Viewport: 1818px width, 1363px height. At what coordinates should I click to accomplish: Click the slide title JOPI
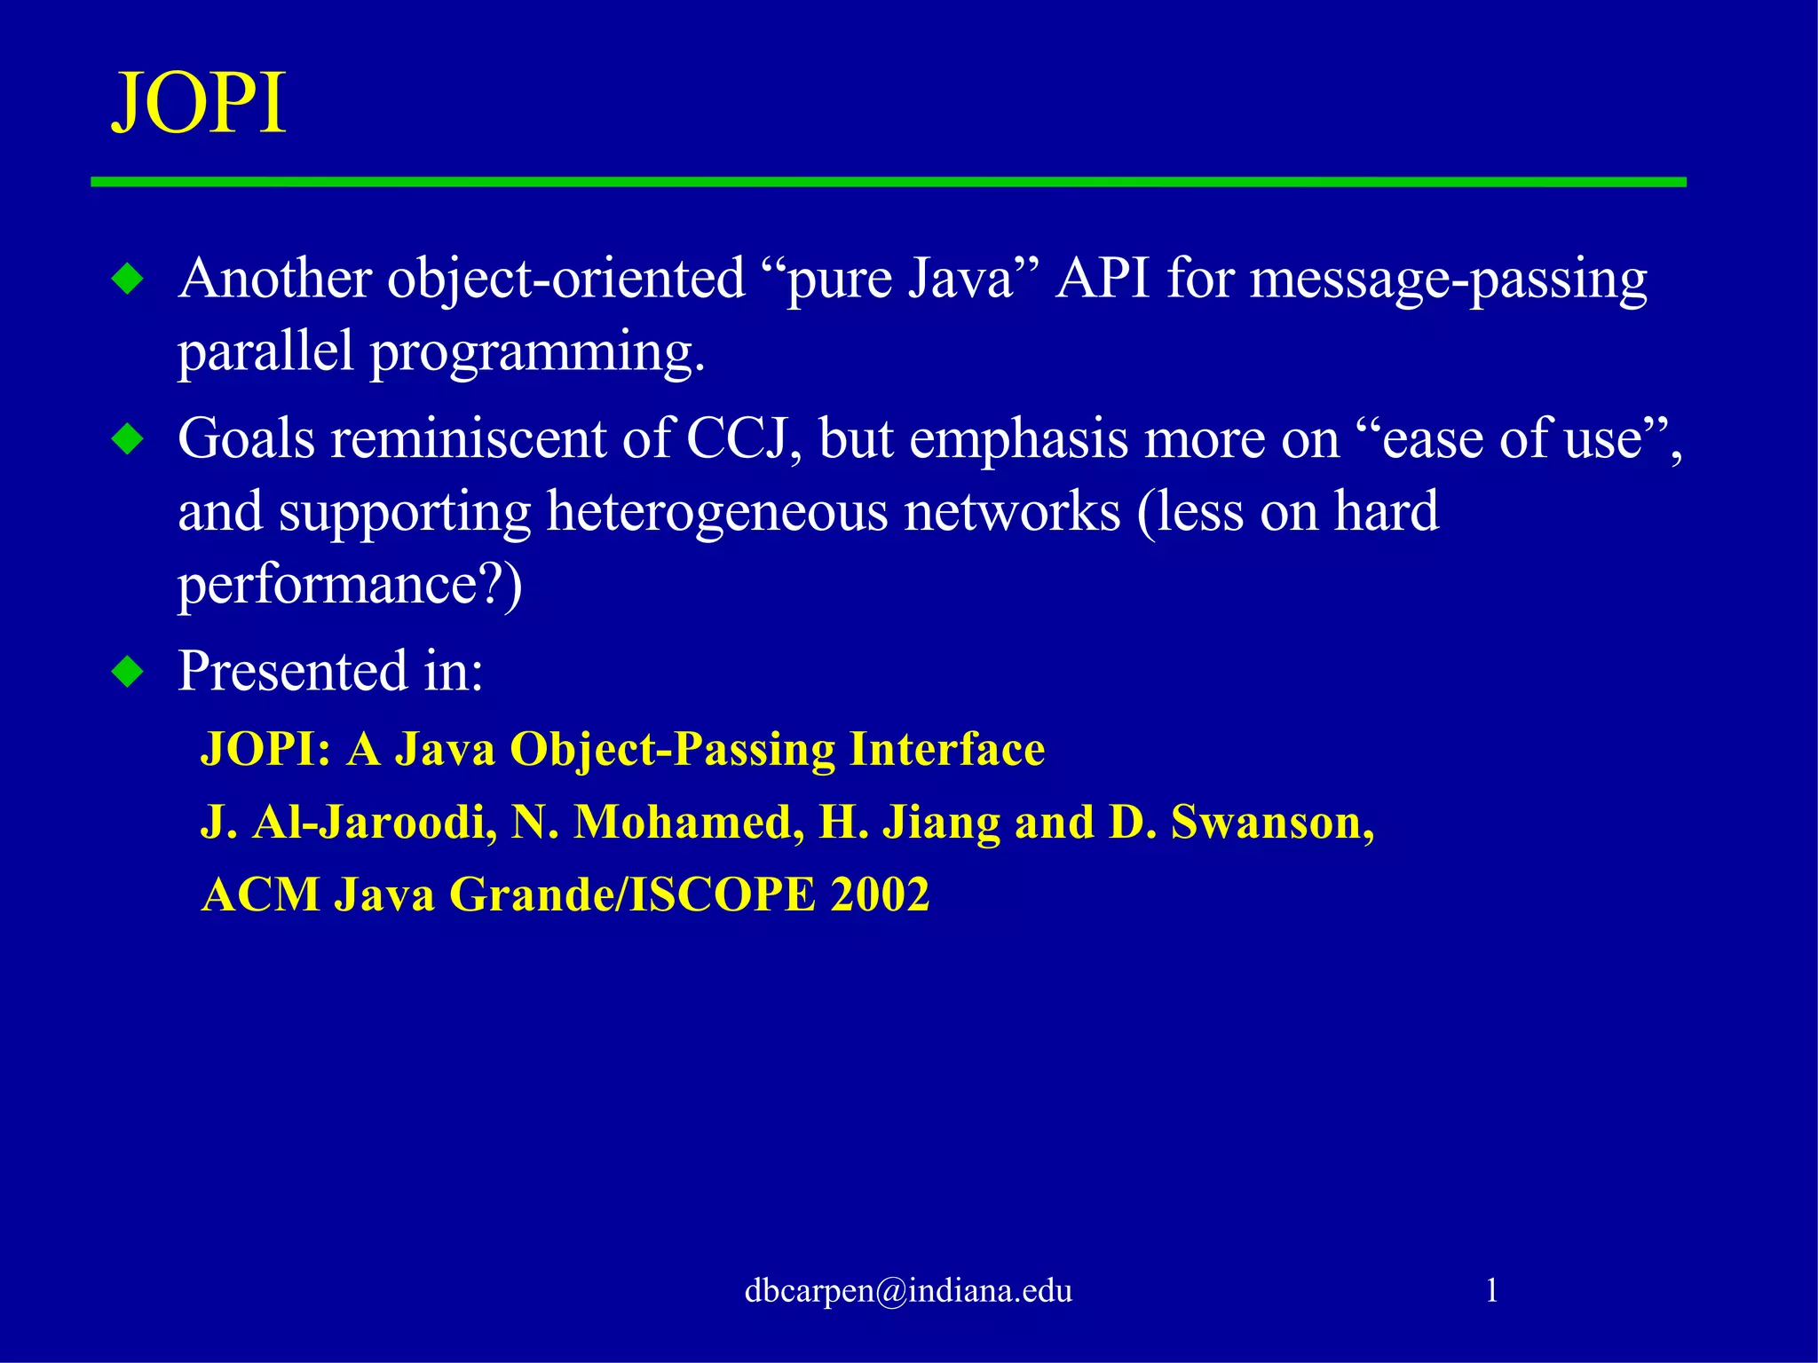pyautogui.click(x=199, y=104)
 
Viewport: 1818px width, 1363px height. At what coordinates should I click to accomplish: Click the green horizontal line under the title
pyautogui.click(x=888, y=182)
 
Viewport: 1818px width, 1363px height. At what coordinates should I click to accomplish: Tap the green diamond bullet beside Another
pyautogui.click(x=128, y=280)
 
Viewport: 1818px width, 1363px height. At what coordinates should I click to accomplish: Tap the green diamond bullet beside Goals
pyautogui.click(x=128, y=439)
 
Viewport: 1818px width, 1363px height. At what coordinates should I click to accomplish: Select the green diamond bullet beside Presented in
pyautogui.click(x=128, y=672)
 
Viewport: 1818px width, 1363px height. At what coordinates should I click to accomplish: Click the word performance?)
pyautogui.click(x=350, y=586)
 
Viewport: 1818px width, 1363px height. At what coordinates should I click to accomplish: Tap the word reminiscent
pyautogui.click(x=468, y=438)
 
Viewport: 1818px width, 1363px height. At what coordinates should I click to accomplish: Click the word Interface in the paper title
pyautogui.click(x=946, y=749)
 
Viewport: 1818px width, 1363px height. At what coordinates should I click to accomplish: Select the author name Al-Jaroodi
pyautogui.click(x=375, y=822)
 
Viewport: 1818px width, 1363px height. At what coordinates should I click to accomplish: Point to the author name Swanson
pyautogui.click(x=1272, y=822)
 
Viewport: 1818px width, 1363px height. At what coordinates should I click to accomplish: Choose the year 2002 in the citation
pyautogui.click(x=880, y=894)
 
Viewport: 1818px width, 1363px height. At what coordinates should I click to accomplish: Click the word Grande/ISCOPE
pyautogui.click(x=632, y=894)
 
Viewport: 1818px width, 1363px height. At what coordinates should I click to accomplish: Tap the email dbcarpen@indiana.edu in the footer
pyautogui.click(x=908, y=1290)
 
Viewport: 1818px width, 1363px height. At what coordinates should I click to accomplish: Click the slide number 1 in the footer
pyautogui.click(x=1491, y=1290)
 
